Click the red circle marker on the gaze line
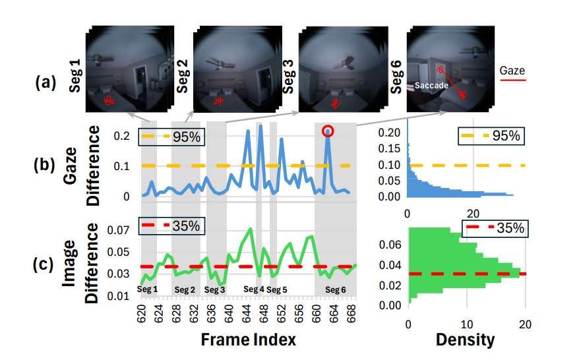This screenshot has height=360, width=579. pyautogui.click(x=328, y=132)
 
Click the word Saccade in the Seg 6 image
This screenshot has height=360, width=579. pyautogui.click(x=428, y=85)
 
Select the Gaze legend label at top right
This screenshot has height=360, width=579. pyautogui.click(x=512, y=69)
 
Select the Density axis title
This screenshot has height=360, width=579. pyautogui.click(x=466, y=340)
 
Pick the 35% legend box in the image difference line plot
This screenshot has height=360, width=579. pyautogui.click(x=171, y=225)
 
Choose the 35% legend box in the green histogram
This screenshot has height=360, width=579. pyautogui.click(x=495, y=229)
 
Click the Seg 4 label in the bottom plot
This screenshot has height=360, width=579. pyautogui.click(x=254, y=289)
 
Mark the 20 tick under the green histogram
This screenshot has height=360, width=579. pyautogui.click(x=526, y=324)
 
